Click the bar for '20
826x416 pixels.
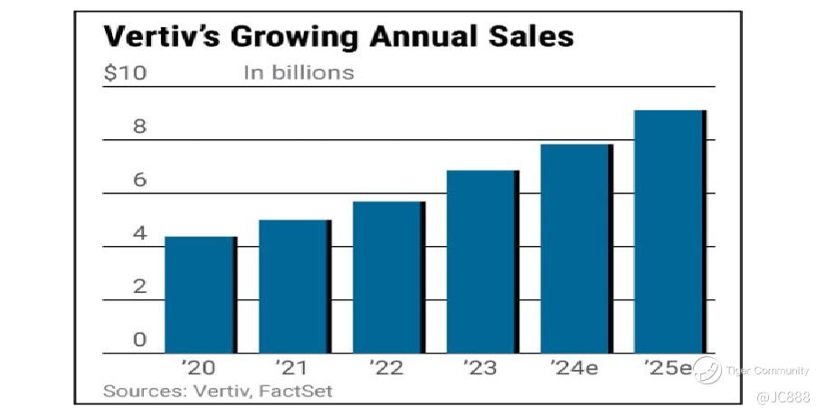click(200, 295)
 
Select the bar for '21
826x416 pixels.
click(294, 287)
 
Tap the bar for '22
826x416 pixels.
click(388, 278)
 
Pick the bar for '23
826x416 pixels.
click(482, 261)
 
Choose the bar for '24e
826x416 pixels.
click(576, 249)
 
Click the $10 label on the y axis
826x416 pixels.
click(124, 72)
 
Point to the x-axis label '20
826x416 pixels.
click(197, 368)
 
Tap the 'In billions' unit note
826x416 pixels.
click(298, 72)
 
